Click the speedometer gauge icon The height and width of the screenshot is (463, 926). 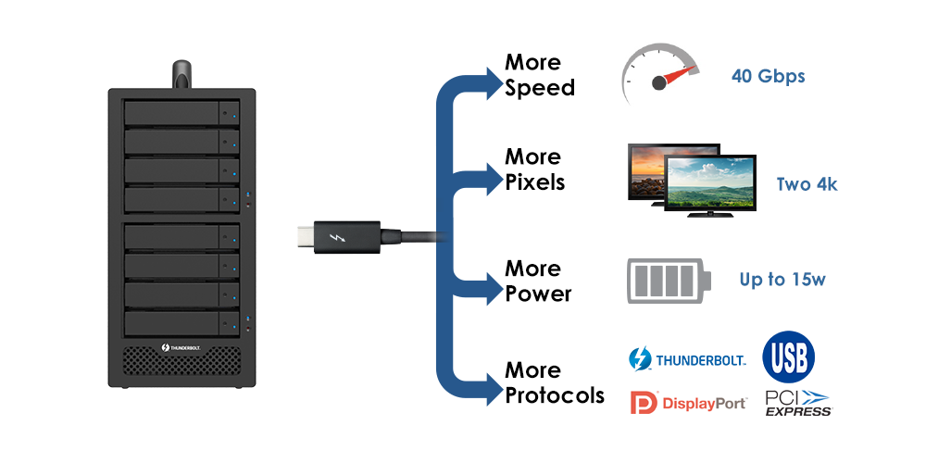(659, 75)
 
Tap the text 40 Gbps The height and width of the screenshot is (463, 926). (768, 76)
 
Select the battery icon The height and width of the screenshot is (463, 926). (671, 280)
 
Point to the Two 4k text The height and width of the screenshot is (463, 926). (807, 184)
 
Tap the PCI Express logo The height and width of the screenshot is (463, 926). (797, 403)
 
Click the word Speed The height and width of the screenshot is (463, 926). (540, 88)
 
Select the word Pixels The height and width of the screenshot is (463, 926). (534, 181)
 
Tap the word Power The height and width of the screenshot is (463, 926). (538, 294)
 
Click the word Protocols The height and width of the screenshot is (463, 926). (555, 395)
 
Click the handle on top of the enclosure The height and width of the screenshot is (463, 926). (181, 74)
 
